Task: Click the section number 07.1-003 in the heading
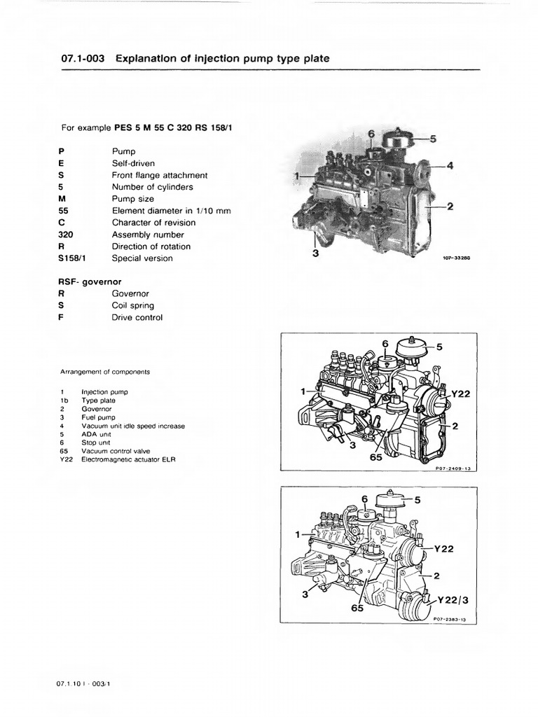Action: coord(83,60)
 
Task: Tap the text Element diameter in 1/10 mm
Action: coord(172,211)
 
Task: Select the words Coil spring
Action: coord(133,306)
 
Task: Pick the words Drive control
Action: coord(137,318)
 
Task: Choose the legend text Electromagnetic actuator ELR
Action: coord(128,459)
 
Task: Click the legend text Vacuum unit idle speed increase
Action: coord(132,426)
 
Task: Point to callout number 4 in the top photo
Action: coord(450,166)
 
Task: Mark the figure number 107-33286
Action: coord(455,258)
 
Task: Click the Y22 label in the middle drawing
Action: coord(460,394)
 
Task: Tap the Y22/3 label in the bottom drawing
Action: coord(453,601)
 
